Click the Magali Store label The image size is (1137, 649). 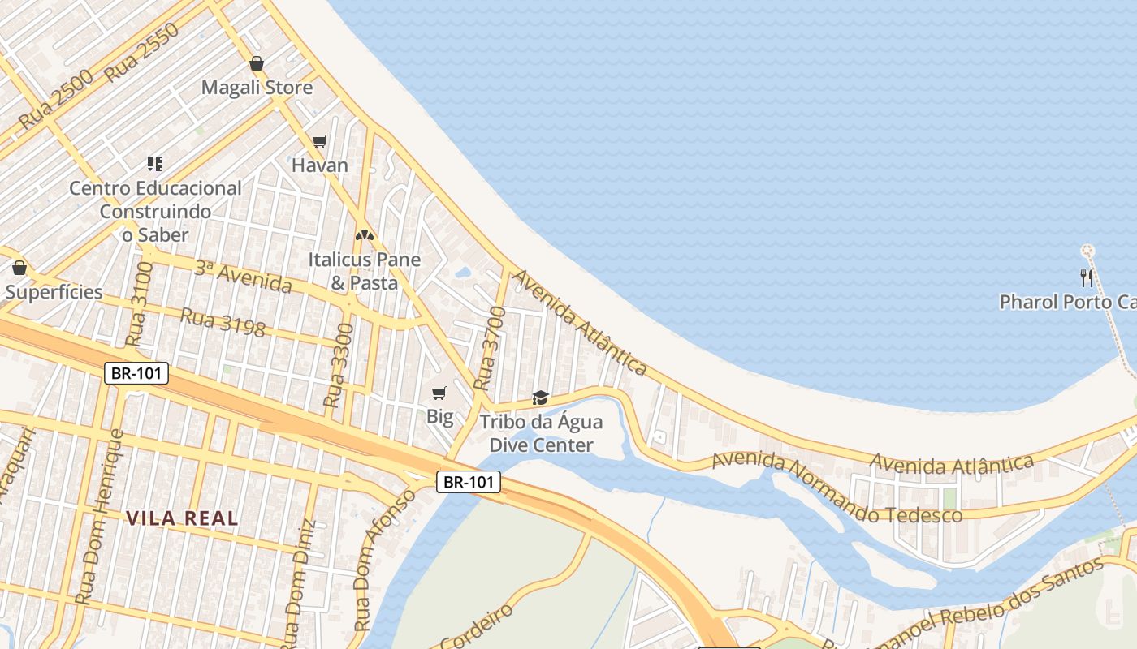point(257,87)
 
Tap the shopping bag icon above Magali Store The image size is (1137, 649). point(257,63)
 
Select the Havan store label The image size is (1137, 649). point(320,165)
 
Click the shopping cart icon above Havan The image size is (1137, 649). point(320,142)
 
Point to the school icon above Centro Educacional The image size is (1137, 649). point(155,164)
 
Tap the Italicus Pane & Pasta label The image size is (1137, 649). point(364,271)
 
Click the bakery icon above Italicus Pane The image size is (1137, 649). point(365,235)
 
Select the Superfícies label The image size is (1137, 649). point(54,292)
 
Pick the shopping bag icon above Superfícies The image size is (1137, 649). point(19,268)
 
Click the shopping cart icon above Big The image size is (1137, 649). point(439,393)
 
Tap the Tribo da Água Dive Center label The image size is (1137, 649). point(541,433)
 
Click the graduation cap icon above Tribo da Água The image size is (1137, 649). point(540,398)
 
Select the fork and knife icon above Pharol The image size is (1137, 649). point(1087,278)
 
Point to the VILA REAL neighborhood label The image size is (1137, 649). point(182,518)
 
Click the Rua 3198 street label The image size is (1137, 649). point(223,321)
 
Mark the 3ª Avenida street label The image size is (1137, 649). point(243,277)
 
